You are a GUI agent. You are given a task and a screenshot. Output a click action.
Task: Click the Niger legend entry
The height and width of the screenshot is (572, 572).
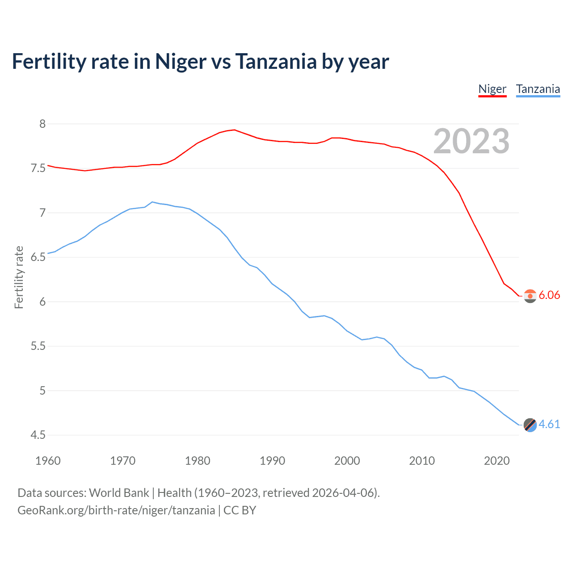[x=492, y=89]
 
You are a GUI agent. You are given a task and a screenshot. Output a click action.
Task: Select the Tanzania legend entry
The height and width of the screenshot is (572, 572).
[x=538, y=89]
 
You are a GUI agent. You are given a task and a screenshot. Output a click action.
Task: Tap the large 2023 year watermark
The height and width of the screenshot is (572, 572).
[x=471, y=141]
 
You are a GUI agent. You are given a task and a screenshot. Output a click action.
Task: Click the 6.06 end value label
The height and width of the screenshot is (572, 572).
[x=549, y=295]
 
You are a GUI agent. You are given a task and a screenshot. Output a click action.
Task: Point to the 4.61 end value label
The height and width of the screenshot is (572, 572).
[x=549, y=424]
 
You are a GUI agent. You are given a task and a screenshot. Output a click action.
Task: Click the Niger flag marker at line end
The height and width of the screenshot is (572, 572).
[x=530, y=296]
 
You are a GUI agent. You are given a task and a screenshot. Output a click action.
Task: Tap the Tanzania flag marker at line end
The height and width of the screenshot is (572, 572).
[x=530, y=425]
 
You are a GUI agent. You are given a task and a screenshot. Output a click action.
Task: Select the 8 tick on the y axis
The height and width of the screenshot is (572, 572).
[x=42, y=124]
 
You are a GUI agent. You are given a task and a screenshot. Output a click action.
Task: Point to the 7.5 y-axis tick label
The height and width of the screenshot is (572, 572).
[x=38, y=168]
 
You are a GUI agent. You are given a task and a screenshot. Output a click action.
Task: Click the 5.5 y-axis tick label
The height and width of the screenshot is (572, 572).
[x=38, y=346]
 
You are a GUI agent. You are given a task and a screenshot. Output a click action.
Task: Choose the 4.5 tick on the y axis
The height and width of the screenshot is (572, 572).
[x=38, y=435]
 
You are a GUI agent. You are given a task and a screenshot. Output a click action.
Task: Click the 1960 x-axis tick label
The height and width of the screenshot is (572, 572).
[x=48, y=461]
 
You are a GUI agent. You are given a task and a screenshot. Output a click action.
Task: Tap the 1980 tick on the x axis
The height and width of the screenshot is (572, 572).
[x=198, y=461]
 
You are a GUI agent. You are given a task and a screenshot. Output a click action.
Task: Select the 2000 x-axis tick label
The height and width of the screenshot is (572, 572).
[x=347, y=461]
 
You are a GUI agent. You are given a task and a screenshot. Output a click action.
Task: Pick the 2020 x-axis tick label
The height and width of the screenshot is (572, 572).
[x=496, y=461]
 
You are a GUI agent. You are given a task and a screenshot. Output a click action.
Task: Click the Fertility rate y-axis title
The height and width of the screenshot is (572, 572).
[x=19, y=277]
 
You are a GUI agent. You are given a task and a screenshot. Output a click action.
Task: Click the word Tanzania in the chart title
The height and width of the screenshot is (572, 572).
[x=276, y=61]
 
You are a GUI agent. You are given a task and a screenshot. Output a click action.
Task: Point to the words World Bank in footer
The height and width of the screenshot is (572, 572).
[x=119, y=493]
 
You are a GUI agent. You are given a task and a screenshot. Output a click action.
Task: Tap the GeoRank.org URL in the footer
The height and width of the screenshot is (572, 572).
[x=116, y=510]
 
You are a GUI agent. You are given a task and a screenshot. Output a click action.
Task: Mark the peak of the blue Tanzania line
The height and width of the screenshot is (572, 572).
[x=152, y=202]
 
